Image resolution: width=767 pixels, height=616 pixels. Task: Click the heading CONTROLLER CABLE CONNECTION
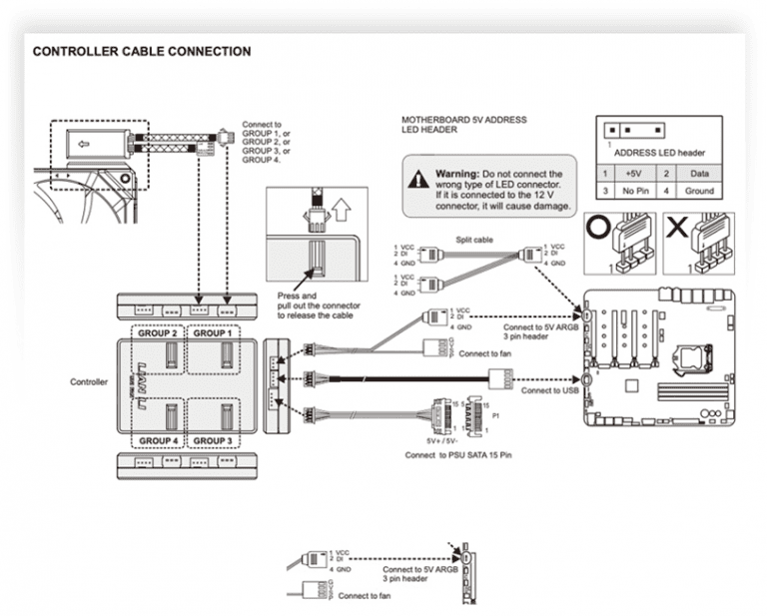[x=142, y=51]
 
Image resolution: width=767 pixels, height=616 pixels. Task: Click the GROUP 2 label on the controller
[x=158, y=333]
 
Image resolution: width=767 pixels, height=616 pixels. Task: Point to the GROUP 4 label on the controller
[x=158, y=439]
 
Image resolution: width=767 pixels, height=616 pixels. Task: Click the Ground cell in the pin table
[x=700, y=191]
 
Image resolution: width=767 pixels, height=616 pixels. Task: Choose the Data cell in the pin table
[x=700, y=174]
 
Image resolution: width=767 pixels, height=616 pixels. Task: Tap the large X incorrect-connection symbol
[x=676, y=228]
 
